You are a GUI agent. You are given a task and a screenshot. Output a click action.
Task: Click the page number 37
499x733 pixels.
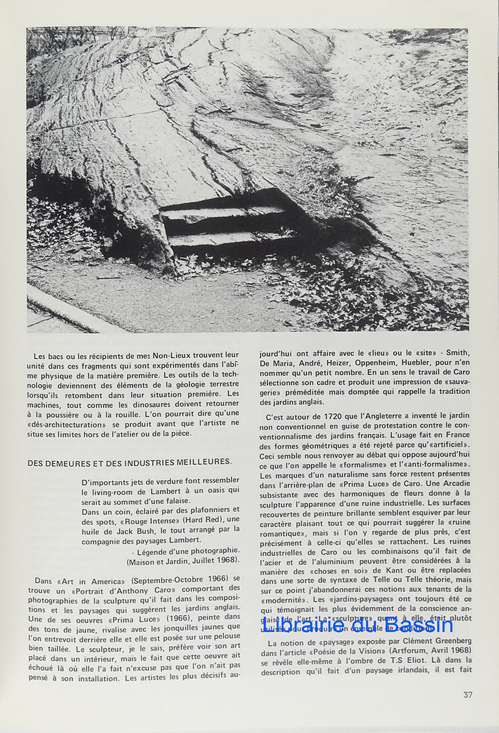tap(467, 695)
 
